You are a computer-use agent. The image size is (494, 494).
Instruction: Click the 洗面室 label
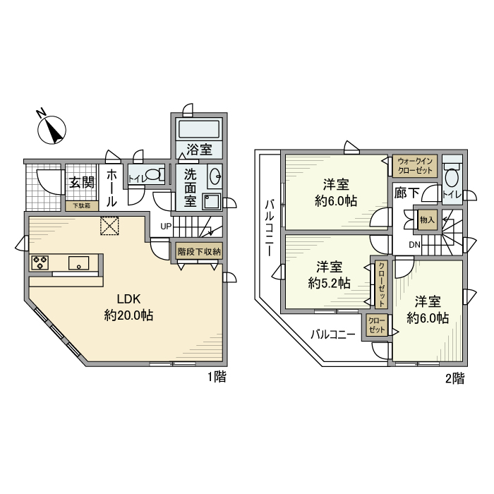click(x=191, y=187)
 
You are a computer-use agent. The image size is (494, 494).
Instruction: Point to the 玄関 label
click(x=82, y=182)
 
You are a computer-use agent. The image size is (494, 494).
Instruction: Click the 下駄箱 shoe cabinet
click(x=82, y=206)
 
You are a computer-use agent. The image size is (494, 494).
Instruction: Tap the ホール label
click(x=112, y=187)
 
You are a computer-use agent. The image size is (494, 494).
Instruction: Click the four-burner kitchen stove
click(x=40, y=263)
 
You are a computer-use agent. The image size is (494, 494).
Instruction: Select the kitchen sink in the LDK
click(x=81, y=263)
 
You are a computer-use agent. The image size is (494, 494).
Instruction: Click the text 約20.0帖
click(x=128, y=316)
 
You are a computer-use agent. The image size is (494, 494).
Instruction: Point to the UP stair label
click(x=165, y=227)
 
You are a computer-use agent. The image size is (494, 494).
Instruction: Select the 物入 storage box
click(x=426, y=220)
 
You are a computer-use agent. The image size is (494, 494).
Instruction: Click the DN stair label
click(x=416, y=245)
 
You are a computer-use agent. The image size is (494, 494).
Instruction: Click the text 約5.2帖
click(x=330, y=283)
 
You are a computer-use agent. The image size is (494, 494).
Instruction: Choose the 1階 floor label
click(x=216, y=378)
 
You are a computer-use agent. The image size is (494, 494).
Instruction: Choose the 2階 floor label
click(x=454, y=378)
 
